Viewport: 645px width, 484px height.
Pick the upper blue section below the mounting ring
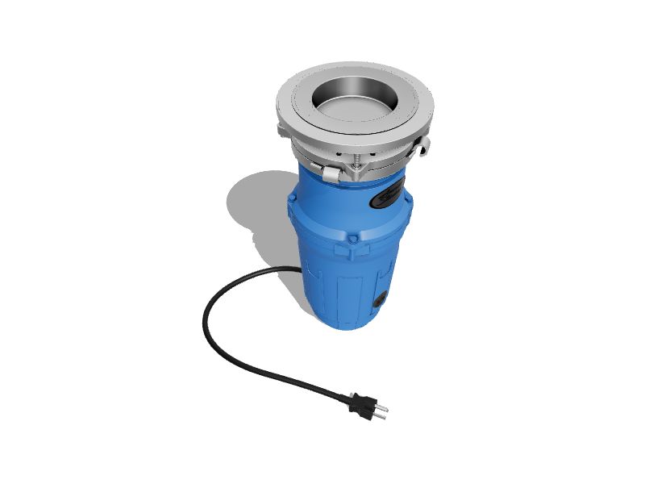pos(339,202)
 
